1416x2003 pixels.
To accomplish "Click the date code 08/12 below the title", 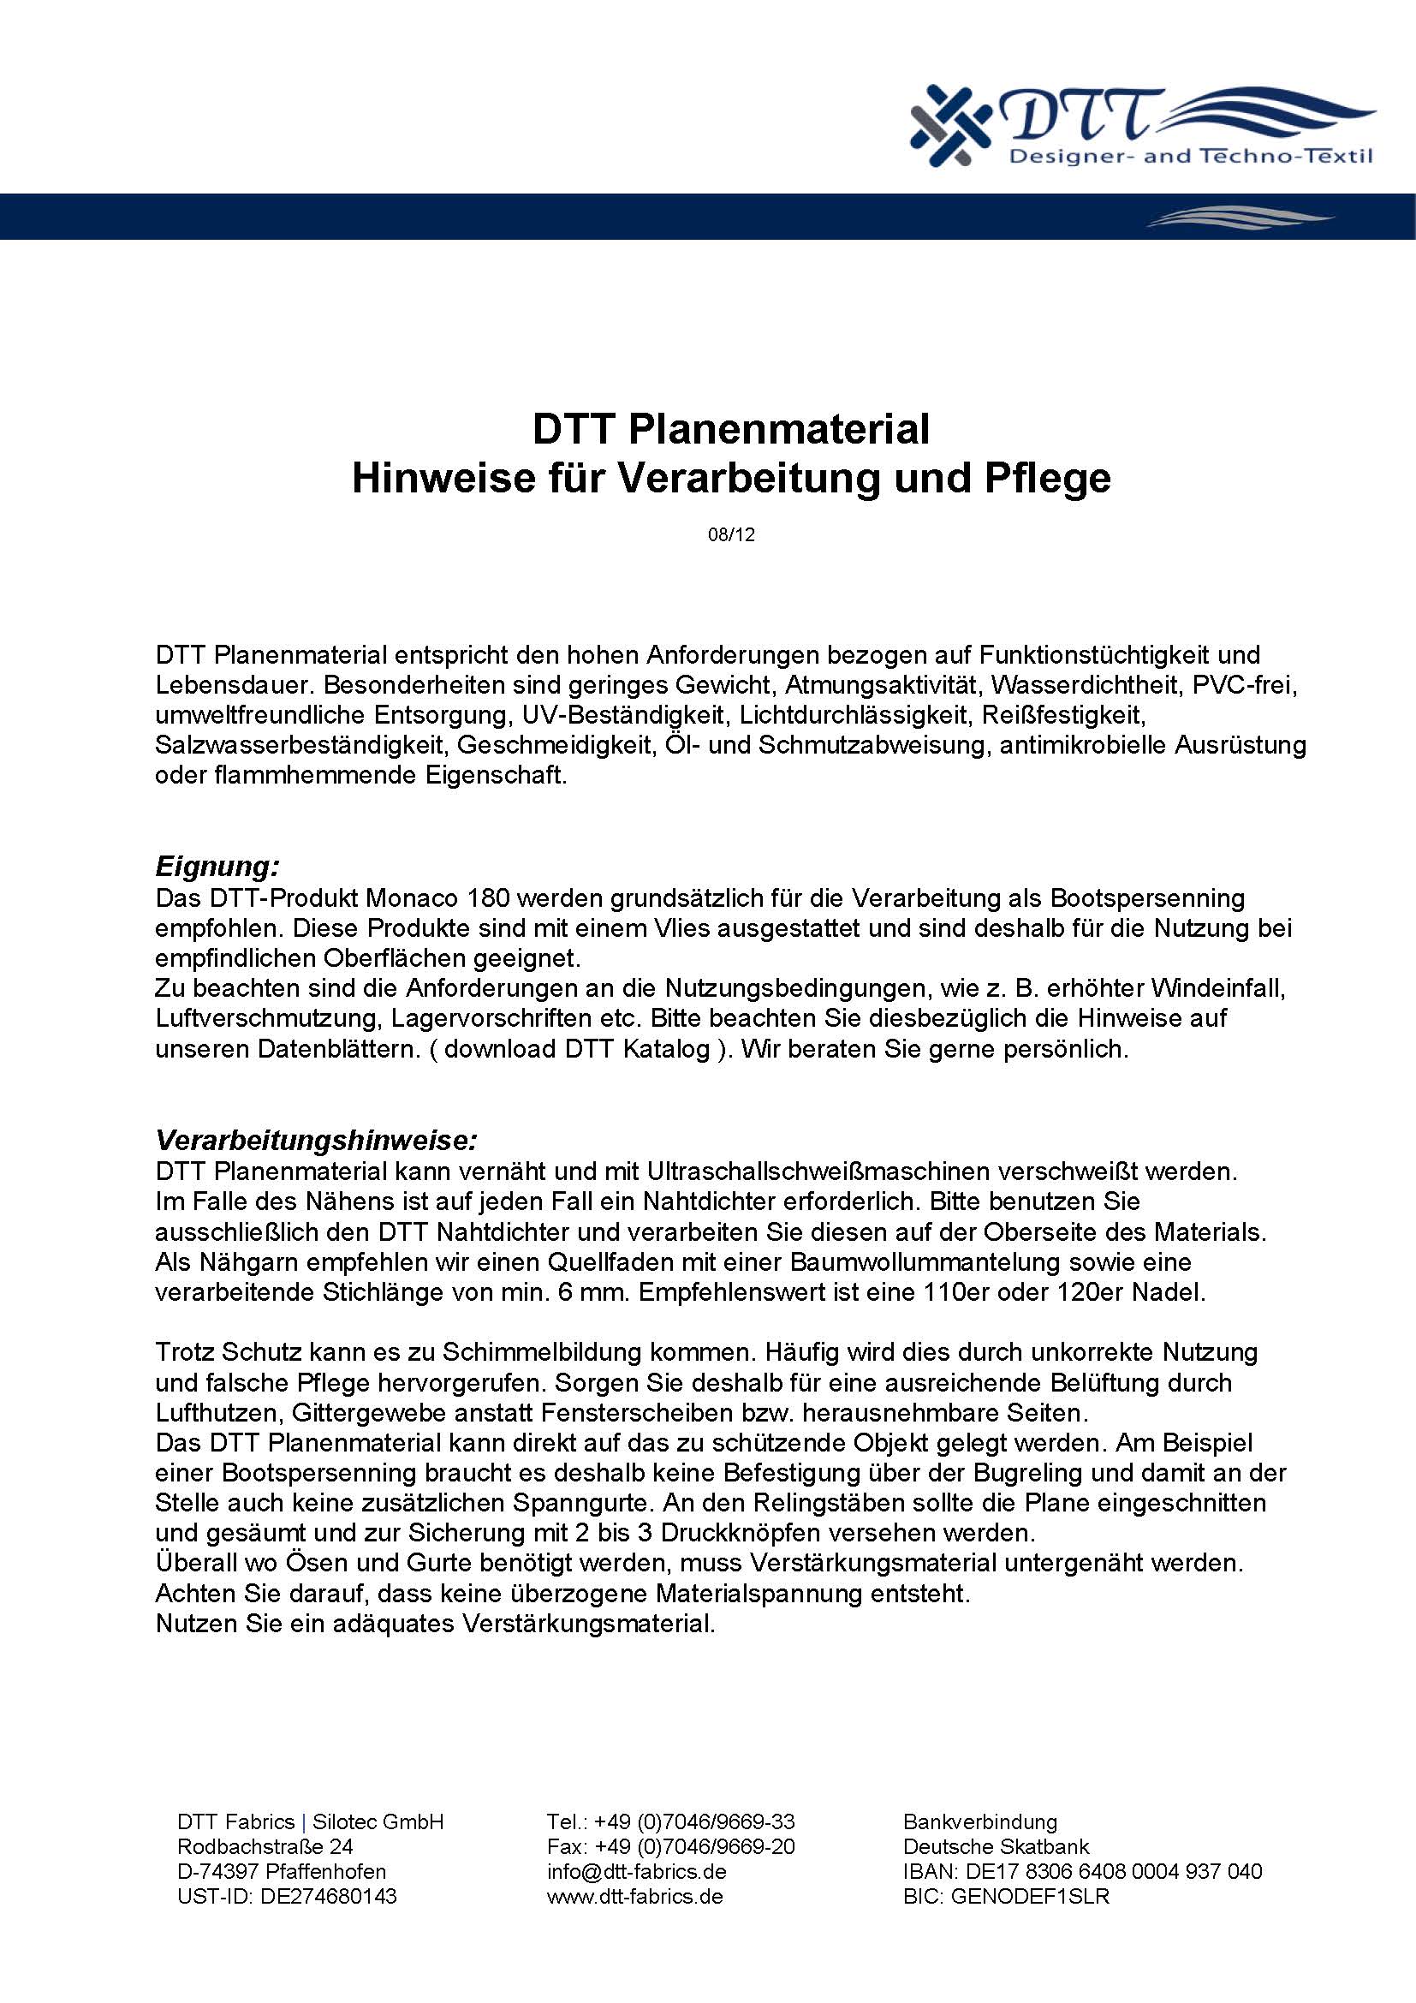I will (x=730, y=534).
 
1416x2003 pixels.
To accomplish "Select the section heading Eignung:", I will (x=217, y=867).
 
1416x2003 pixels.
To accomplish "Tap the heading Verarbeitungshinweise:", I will (x=317, y=1140).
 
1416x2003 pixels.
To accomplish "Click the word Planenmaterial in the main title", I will (x=777, y=429).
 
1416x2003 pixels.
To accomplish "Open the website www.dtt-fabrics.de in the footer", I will (x=634, y=1896).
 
